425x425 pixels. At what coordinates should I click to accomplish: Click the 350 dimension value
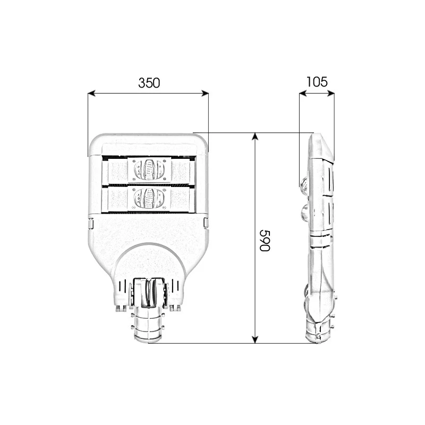coord(149,83)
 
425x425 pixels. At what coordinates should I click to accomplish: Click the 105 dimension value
coord(317,82)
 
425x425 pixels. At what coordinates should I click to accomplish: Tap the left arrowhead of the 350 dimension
coord(91,93)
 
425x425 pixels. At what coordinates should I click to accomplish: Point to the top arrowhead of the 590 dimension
coord(255,137)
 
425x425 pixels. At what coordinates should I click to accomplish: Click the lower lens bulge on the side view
coord(305,212)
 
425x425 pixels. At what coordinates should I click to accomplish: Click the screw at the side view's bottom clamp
coord(319,336)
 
